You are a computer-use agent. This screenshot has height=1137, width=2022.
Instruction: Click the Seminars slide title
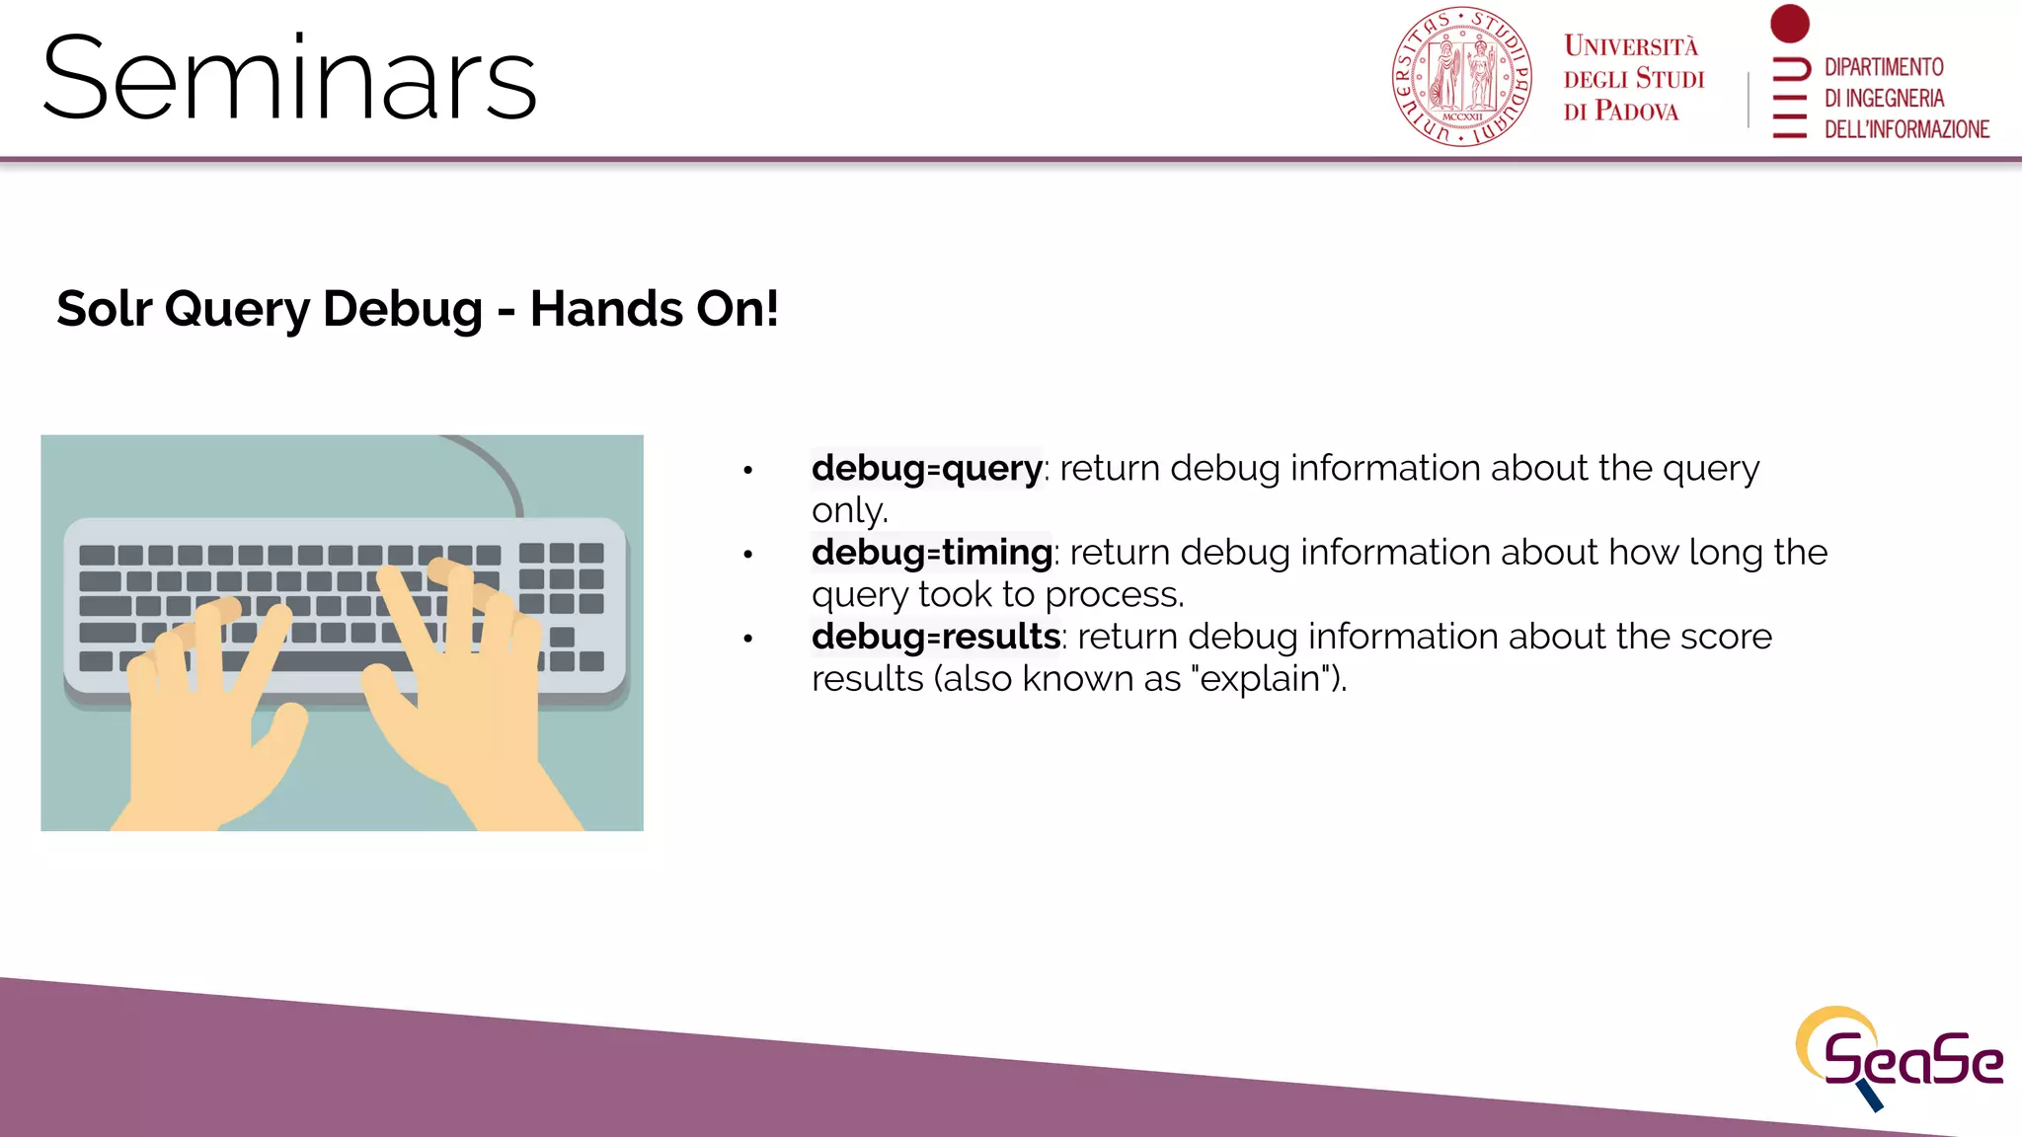click(289, 79)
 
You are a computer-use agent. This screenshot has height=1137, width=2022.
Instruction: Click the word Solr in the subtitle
click(104, 309)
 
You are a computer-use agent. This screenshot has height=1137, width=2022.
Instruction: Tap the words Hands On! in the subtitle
click(654, 309)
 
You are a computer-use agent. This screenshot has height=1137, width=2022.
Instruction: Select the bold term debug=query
click(926, 468)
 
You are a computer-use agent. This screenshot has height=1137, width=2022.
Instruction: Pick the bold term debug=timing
click(931, 553)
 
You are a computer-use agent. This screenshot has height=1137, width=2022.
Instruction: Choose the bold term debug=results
click(935, 637)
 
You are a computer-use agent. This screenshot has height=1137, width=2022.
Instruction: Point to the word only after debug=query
click(848, 511)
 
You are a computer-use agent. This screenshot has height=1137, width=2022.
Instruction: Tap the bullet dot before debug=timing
click(748, 555)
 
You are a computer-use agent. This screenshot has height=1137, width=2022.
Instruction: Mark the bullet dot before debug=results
click(748, 639)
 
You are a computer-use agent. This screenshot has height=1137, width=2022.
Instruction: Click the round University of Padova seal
click(1461, 77)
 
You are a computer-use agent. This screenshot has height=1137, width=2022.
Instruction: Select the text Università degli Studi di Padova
click(1633, 79)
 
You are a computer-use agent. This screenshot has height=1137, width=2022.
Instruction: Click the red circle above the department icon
click(1789, 24)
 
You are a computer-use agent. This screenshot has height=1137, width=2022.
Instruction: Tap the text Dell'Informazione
click(1905, 129)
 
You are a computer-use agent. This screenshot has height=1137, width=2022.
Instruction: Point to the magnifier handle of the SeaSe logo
click(1870, 1095)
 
